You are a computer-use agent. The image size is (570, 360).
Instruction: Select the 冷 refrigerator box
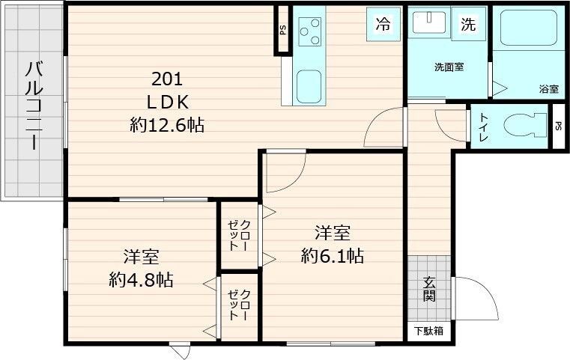(x=383, y=24)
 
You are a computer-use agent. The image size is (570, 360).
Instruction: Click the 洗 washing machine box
(x=467, y=24)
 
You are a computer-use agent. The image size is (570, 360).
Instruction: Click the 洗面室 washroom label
(x=449, y=67)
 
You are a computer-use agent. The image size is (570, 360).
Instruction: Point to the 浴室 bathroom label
(x=548, y=89)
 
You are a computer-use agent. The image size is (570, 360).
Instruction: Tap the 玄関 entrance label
(x=430, y=289)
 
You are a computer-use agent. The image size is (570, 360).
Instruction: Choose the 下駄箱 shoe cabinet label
(x=429, y=331)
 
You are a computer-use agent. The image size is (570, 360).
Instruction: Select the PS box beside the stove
(x=282, y=31)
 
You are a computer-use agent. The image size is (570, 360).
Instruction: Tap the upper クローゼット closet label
(x=240, y=235)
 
